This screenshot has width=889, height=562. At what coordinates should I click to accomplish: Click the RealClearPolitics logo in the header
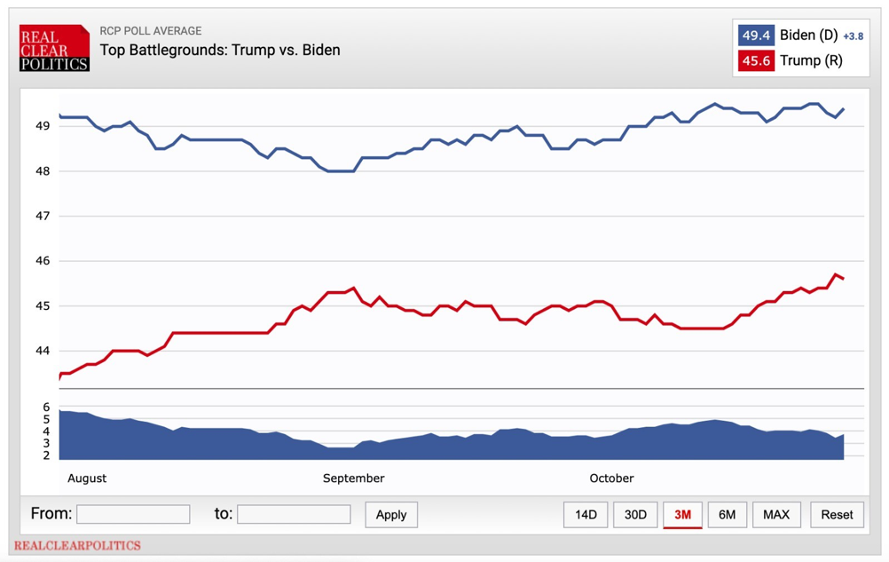[x=54, y=48]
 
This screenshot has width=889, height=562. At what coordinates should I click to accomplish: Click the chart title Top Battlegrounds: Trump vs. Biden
[x=219, y=50]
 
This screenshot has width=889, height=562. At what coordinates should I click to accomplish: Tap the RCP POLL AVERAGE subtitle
[x=150, y=31]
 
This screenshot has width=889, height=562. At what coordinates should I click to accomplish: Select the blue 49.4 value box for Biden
[x=756, y=36]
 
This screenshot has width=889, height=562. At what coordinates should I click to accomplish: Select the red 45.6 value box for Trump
[x=756, y=61]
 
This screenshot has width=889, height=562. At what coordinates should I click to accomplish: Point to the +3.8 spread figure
[x=853, y=36]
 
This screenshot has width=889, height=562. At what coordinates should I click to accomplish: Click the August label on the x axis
[x=87, y=479]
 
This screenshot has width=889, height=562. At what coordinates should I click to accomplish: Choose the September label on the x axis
[x=353, y=479]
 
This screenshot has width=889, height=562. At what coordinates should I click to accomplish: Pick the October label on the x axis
[x=611, y=479]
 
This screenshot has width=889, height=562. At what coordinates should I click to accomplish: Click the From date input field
[x=133, y=514]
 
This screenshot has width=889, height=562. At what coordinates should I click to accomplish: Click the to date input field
[x=294, y=514]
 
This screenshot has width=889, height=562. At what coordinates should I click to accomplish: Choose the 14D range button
[x=586, y=515]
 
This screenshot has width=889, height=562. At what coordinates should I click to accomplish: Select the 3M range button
[x=682, y=515]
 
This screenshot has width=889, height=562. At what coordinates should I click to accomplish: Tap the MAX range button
[x=776, y=515]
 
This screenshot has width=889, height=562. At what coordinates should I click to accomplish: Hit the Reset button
[x=837, y=515]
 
